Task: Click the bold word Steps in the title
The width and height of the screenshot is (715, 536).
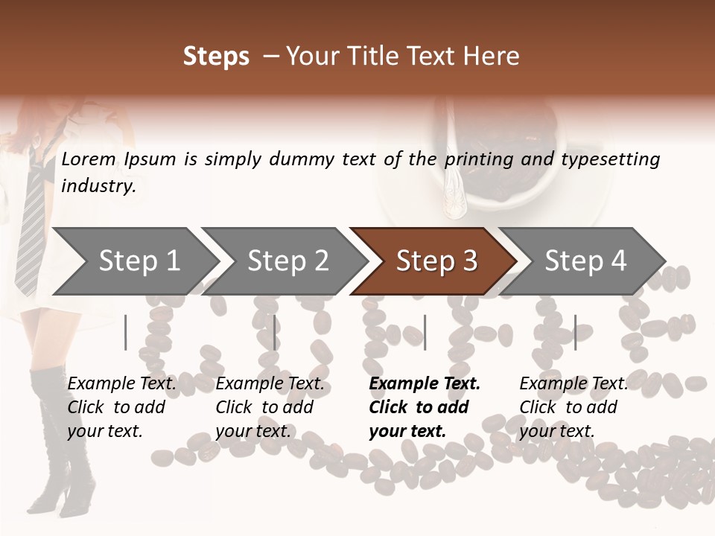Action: (216, 57)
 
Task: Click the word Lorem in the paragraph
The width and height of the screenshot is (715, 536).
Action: (89, 159)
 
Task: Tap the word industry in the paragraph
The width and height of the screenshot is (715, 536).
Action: (98, 185)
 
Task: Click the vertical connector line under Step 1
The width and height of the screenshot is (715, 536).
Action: (126, 332)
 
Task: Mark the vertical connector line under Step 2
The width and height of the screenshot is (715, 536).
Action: (275, 332)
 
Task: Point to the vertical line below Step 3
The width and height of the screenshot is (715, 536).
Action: (425, 332)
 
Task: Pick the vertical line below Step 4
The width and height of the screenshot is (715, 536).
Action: (575, 332)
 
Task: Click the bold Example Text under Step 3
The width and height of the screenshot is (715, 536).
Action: (425, 383)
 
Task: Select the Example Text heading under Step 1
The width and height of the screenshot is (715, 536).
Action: (121, 383)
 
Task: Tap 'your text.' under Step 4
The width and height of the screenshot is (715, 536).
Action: (556, 431)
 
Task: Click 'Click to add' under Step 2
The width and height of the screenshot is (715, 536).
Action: (264, 407)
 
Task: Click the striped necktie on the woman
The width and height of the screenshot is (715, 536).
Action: (32, 223)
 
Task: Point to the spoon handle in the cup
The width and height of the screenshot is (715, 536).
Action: (454, 186)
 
